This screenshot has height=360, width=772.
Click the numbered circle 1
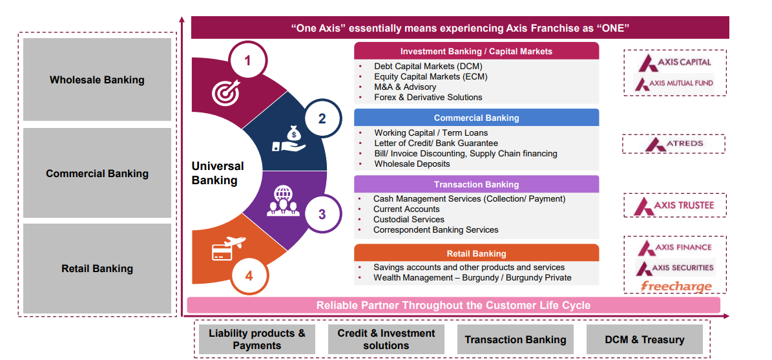247,61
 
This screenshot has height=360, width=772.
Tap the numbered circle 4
249,275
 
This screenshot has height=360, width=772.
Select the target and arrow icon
225,92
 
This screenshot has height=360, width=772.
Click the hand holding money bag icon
288,138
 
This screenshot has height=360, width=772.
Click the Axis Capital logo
674,63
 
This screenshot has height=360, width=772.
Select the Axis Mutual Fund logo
674,83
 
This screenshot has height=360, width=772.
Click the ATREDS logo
674,143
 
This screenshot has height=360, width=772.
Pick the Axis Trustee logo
674,206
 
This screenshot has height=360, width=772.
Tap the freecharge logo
676,286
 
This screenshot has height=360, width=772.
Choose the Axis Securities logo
675,268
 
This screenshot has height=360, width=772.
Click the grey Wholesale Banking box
97,80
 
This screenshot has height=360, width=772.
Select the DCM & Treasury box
644,339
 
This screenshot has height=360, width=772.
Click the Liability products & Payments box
256,339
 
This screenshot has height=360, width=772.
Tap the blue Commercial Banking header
476,118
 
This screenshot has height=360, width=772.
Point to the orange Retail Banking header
476,253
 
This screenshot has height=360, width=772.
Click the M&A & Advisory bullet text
405,87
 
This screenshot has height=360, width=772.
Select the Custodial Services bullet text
408,220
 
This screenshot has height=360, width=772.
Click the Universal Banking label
218,173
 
